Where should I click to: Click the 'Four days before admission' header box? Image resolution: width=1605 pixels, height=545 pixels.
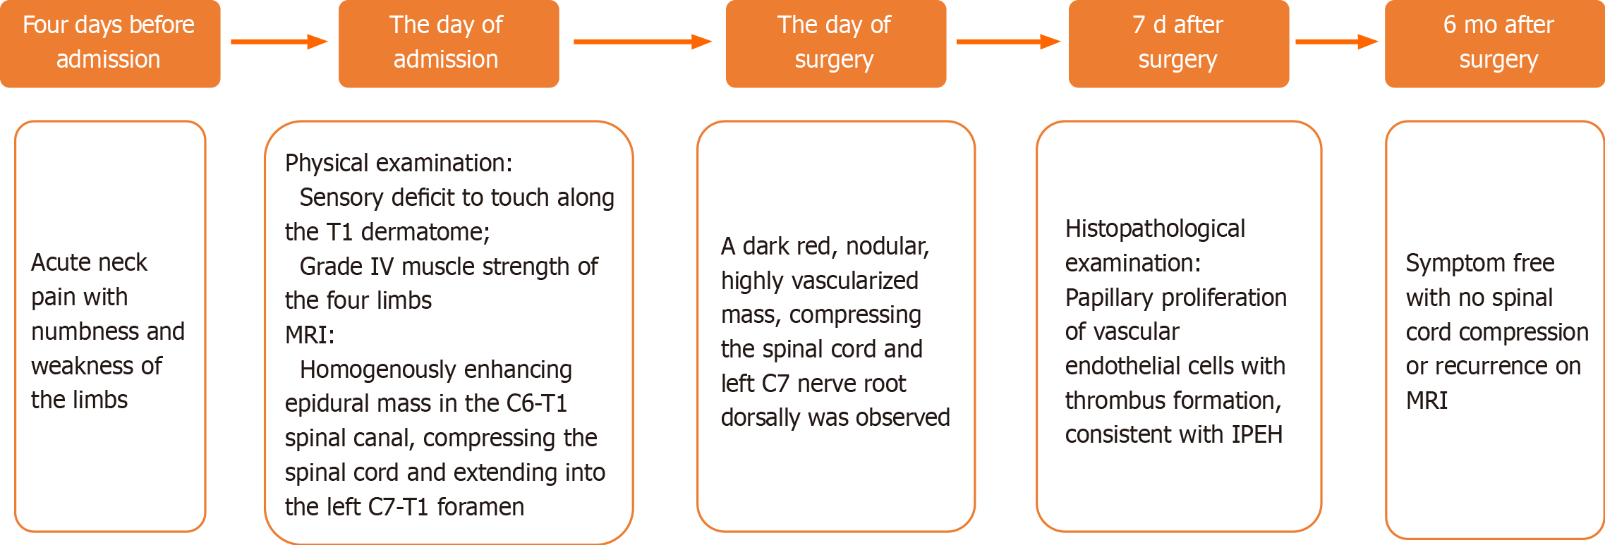(x=110, y=44)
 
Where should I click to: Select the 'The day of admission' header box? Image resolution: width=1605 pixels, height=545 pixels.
(x=449, y=44)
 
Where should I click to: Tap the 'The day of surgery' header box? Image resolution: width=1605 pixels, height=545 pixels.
(x=836, y=44)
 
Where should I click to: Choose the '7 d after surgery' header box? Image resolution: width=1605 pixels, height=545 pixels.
(x=1179, y=44)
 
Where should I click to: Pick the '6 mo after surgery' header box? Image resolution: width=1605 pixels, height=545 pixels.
(x=1495, y=44)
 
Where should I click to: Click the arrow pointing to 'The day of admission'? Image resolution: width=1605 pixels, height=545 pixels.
(x=279, y=42)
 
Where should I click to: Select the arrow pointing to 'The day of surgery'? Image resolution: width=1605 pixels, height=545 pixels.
(x=643, y=42)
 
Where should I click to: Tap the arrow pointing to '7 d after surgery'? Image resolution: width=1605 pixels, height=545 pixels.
(x=1008, y=42)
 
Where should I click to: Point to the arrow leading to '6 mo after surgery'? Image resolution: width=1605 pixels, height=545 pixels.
(x=1337, y=42)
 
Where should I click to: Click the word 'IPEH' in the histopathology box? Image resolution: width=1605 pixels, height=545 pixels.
(x=1256, y=434)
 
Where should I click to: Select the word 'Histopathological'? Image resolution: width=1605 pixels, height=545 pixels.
(x=1155, y=228)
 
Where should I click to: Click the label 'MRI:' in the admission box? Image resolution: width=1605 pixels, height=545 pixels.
(x=310, y=335)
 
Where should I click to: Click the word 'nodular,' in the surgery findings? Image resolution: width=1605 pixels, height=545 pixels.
(x=888, y=246)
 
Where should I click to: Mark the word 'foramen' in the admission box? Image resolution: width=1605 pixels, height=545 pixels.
(x=480, y=507)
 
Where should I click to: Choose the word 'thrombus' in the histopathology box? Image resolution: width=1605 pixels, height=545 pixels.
(x=1110, y=400)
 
